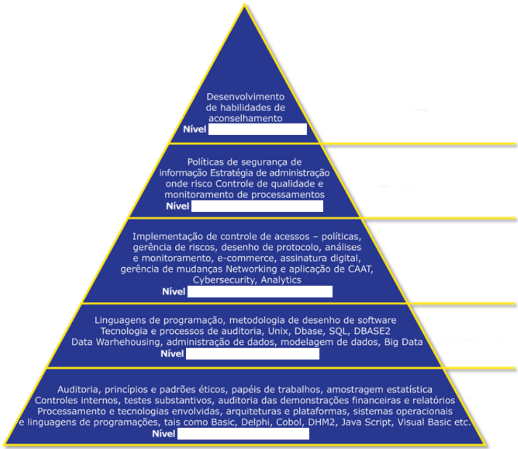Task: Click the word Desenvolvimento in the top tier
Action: point(245,97)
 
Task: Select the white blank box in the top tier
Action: point(257,129)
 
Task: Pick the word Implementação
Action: point(166,236)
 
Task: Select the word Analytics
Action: point(282,280)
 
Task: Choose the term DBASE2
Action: point(372,331)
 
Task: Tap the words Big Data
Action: point(403,342)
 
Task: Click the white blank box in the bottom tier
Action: point(243,434)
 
